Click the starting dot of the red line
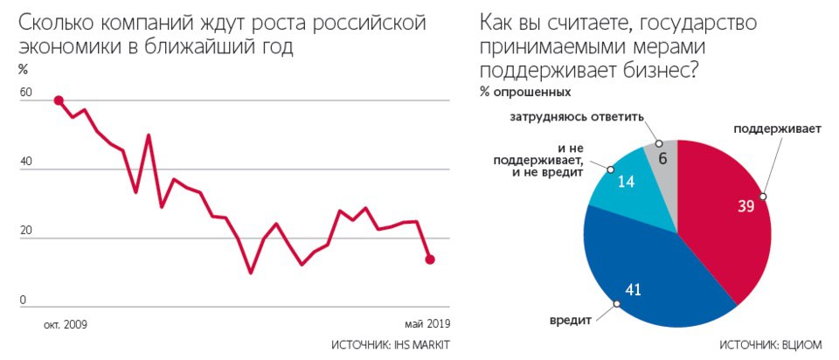59,100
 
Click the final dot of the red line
430,259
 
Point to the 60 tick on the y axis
24,92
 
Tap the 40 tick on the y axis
24,162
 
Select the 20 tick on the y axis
24,231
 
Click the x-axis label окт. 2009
66,324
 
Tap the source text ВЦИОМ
799,346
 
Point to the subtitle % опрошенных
525,92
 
